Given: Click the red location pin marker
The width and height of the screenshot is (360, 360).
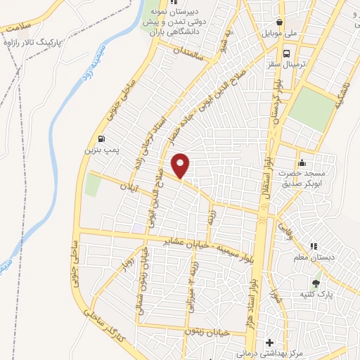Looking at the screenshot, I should [181, 165].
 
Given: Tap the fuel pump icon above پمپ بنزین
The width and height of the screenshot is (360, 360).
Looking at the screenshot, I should [103, 138].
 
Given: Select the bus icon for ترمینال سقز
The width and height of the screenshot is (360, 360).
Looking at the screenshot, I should [286, 53].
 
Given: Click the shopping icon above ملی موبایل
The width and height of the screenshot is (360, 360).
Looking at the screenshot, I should [280, 22].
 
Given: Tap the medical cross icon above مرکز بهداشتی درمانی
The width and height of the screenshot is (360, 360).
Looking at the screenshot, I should [268, 342].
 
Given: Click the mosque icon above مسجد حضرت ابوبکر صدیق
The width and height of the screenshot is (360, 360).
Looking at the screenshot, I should [302, 162].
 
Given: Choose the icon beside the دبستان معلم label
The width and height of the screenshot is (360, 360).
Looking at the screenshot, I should [314, 247].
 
